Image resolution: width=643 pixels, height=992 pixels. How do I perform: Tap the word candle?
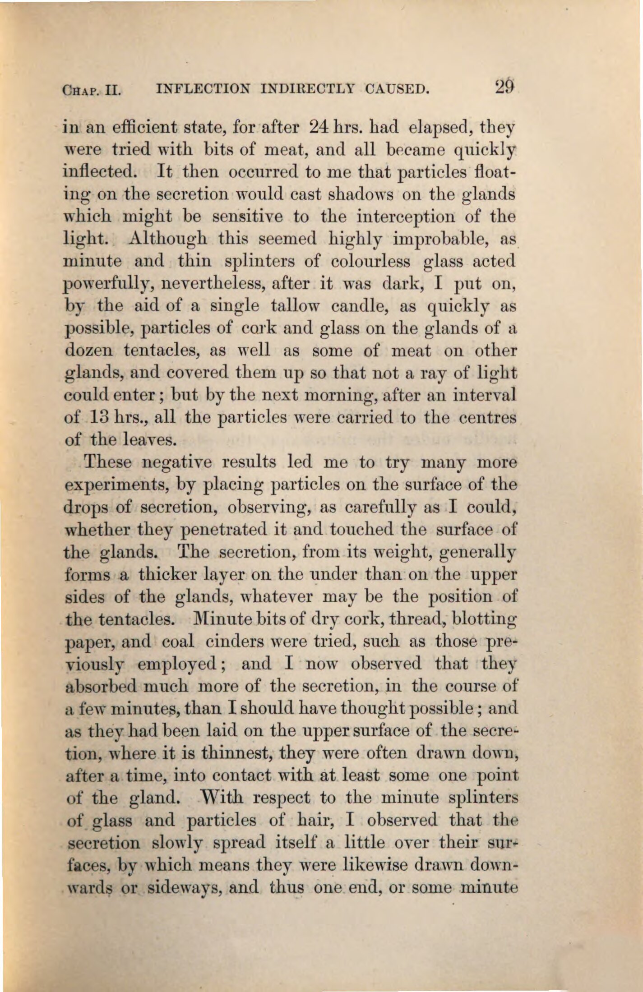click(360, 306)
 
